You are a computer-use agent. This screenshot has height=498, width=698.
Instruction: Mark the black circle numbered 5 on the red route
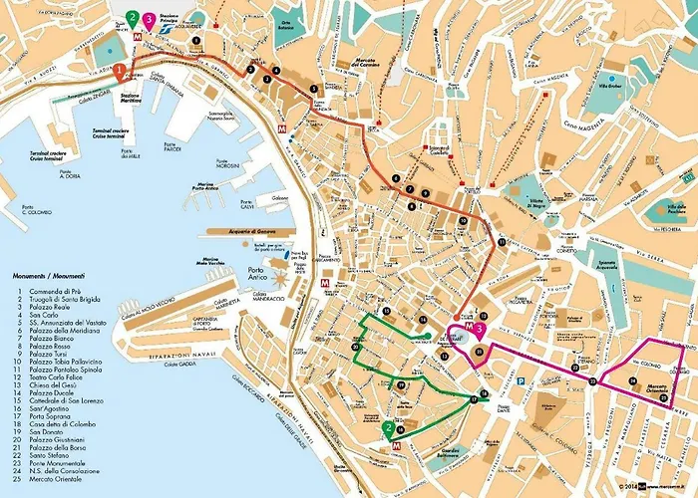[314, 89]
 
